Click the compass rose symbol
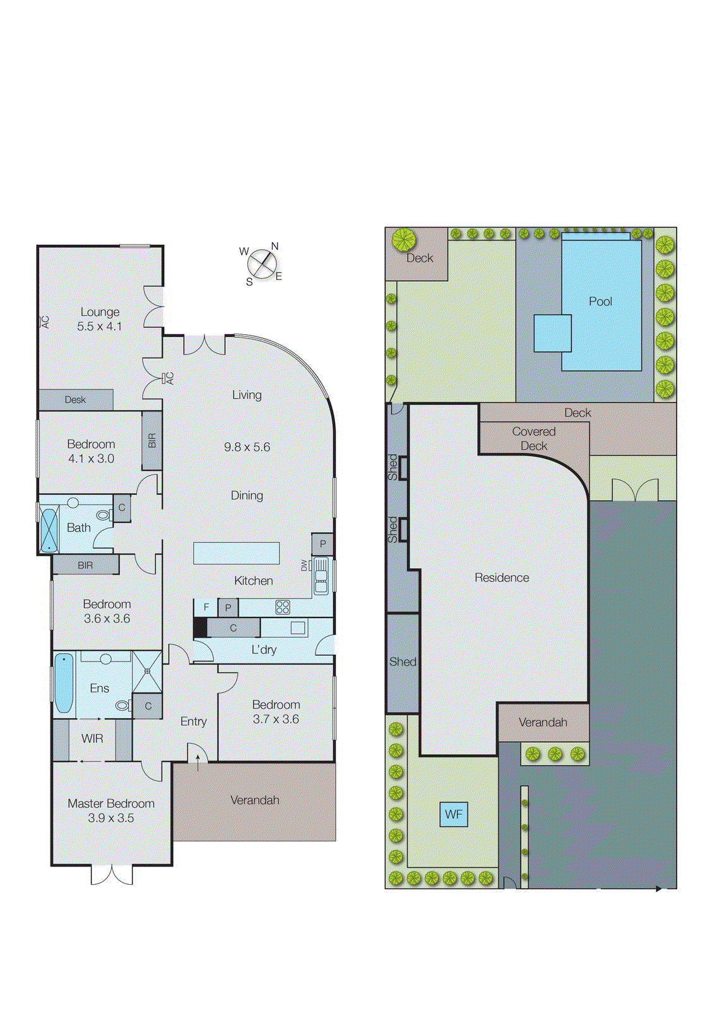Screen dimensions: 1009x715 263,264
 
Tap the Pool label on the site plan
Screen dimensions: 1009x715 600,301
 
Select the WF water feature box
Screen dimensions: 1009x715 453,814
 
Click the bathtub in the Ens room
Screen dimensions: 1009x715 64,683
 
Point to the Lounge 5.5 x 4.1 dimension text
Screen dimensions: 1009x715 100,326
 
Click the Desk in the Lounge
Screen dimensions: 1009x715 76,400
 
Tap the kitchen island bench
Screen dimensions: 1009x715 236,553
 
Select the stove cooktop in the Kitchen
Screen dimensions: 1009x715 282,607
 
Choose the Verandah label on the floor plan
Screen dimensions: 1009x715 254,800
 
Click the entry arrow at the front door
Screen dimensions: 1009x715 198,762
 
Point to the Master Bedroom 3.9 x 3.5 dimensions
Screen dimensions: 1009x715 110,818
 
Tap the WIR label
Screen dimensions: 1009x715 92,738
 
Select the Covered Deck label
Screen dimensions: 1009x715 534,438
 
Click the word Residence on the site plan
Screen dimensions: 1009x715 502,578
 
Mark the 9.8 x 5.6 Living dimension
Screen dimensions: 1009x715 247,447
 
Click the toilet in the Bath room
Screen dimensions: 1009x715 103,515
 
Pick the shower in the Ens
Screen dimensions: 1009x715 147,672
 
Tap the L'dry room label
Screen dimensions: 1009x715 264,650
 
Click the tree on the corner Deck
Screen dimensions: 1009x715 403,240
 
